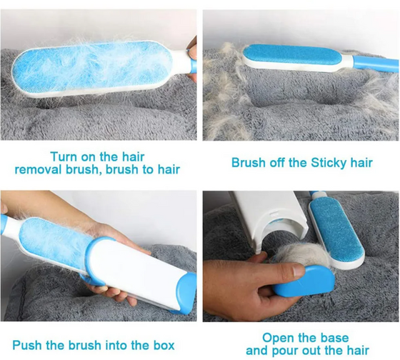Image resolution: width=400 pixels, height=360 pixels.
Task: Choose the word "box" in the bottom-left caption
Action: [164, 345]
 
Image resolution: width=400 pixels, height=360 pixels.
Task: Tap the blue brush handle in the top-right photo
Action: [375, 63]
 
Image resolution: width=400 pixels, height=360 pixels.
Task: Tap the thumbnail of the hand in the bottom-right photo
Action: [299, 271]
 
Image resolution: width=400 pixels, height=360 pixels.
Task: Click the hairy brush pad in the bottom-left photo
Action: [54, 239]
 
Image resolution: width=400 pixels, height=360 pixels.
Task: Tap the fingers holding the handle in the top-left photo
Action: [192, 58]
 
